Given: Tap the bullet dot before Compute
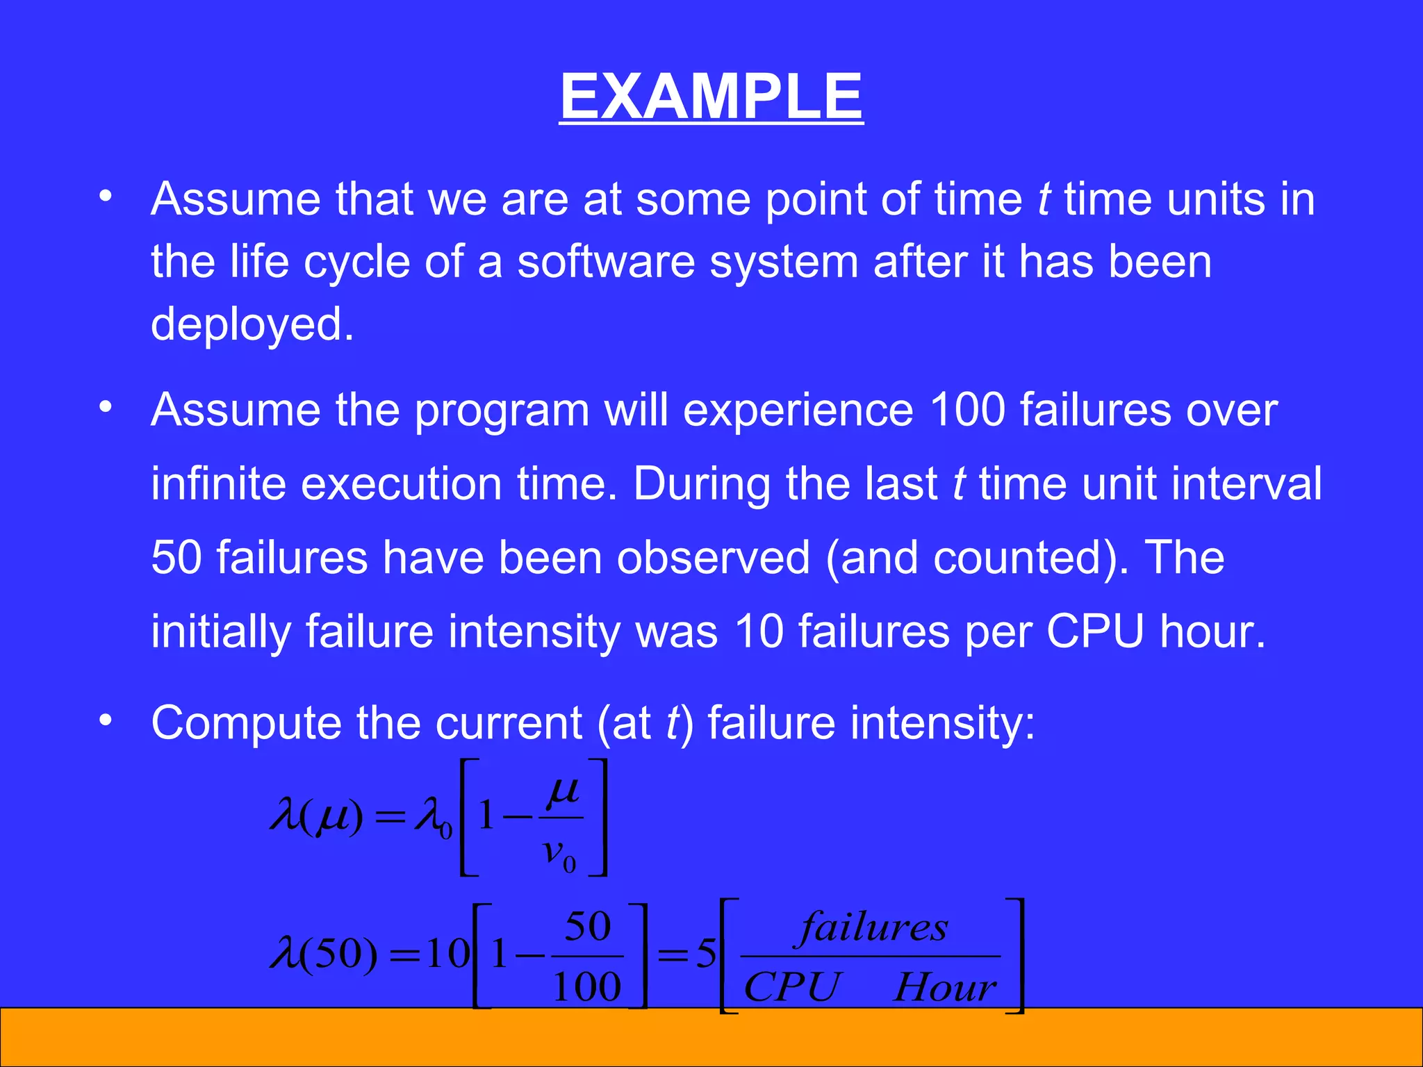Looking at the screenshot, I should pos(105,720).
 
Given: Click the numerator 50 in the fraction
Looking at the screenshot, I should pos(587,926).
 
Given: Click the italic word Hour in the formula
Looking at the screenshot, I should pos(944,987).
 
